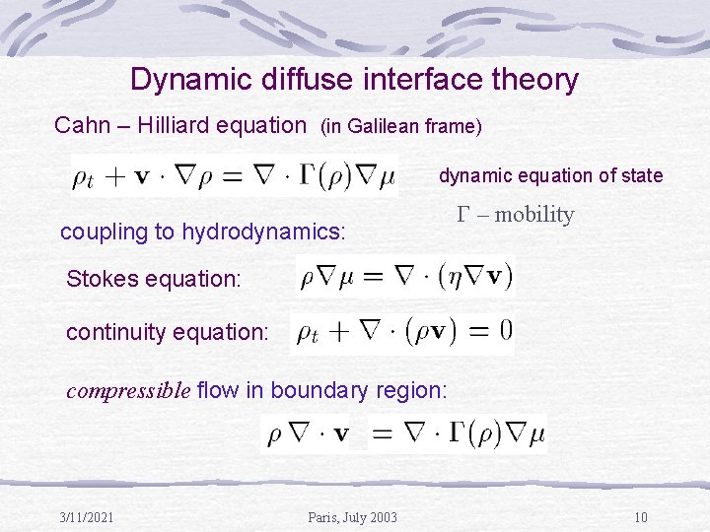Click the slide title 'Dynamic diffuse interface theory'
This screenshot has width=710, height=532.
tap(354, 80)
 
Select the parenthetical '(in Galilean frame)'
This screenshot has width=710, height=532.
tap(399, 126)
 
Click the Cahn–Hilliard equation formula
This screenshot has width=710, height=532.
tap(234, 176)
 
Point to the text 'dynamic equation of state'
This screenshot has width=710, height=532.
tap(550, 175)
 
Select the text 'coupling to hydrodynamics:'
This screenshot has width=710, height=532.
tap(203, 233)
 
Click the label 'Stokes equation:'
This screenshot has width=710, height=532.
tap(153, 279)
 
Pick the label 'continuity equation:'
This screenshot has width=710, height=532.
tap(167, 333)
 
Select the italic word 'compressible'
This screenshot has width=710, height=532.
tap(128, 390)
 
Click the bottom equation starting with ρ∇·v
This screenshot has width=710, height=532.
tap(405, 433)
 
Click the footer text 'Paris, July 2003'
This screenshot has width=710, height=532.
tap(353, 518)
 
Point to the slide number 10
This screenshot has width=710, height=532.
tap(640, 518)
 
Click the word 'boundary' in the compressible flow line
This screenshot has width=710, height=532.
tap(315, 390)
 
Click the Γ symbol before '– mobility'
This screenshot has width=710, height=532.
tap(464, 215)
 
